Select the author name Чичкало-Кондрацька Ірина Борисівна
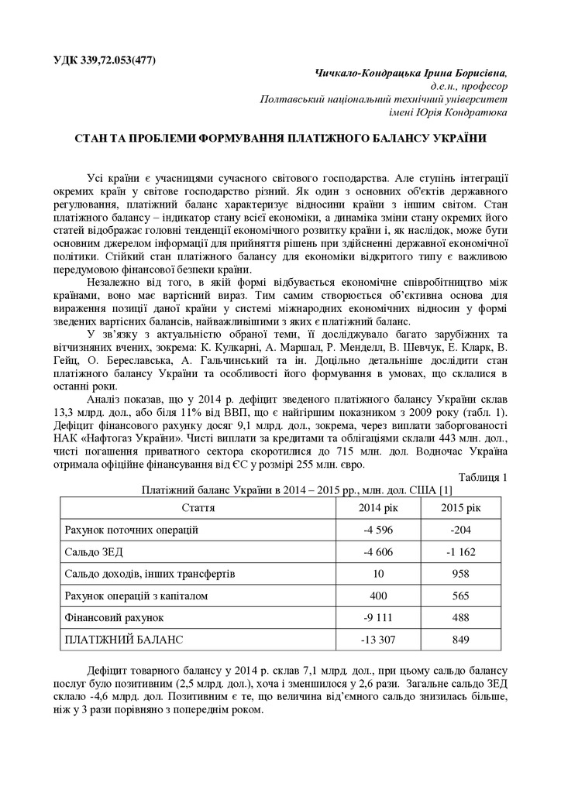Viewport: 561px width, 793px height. pyautogui.click(x=411, y=73)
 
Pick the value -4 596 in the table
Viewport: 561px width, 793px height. pyautogui.click(x=378, y=530)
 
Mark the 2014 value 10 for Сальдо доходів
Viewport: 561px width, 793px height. pyautogui.click(x=378, y=575)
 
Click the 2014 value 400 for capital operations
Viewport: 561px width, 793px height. pyautogui.click(x=378, y=596)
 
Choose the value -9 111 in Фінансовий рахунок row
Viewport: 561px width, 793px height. pyautogui.click(x=378, y=619)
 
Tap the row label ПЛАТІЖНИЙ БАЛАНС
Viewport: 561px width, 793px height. pyautogui.click(x=123, y=640)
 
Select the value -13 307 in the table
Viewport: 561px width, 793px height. pyautogui.click(x=378, y=640)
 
